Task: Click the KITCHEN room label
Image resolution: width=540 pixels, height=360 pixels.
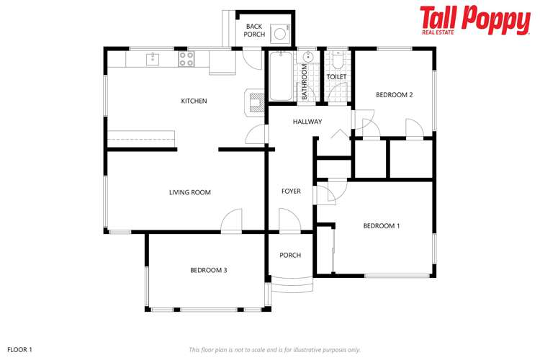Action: click(194, 101)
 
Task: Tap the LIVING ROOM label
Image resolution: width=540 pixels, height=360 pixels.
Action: click(189, 192)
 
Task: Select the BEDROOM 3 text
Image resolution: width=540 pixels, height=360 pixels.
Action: click(209, 270)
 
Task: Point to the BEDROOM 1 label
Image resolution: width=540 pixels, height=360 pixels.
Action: click(381, 226)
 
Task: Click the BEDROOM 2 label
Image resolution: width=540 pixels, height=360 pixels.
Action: click(394, 94)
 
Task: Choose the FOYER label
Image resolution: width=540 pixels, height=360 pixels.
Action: click(291, 191)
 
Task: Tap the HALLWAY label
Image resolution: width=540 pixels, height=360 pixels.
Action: click(307, 122)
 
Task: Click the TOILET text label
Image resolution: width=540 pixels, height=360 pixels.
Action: click(336, 76)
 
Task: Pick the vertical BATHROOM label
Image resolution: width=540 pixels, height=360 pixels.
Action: click(305, 81)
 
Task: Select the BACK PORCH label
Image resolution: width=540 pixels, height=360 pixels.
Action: click(254, 30)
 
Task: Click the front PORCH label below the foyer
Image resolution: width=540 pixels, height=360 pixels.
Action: click(290, 256)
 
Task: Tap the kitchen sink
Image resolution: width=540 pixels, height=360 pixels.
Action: click(152, 58)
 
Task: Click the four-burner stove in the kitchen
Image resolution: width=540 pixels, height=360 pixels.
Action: click(186, 58)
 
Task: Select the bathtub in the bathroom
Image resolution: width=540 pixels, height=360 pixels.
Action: click(280, 76)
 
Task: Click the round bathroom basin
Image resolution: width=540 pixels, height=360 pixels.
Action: click(308, 58)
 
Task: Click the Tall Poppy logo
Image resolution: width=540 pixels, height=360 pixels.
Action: click(474, 21)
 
